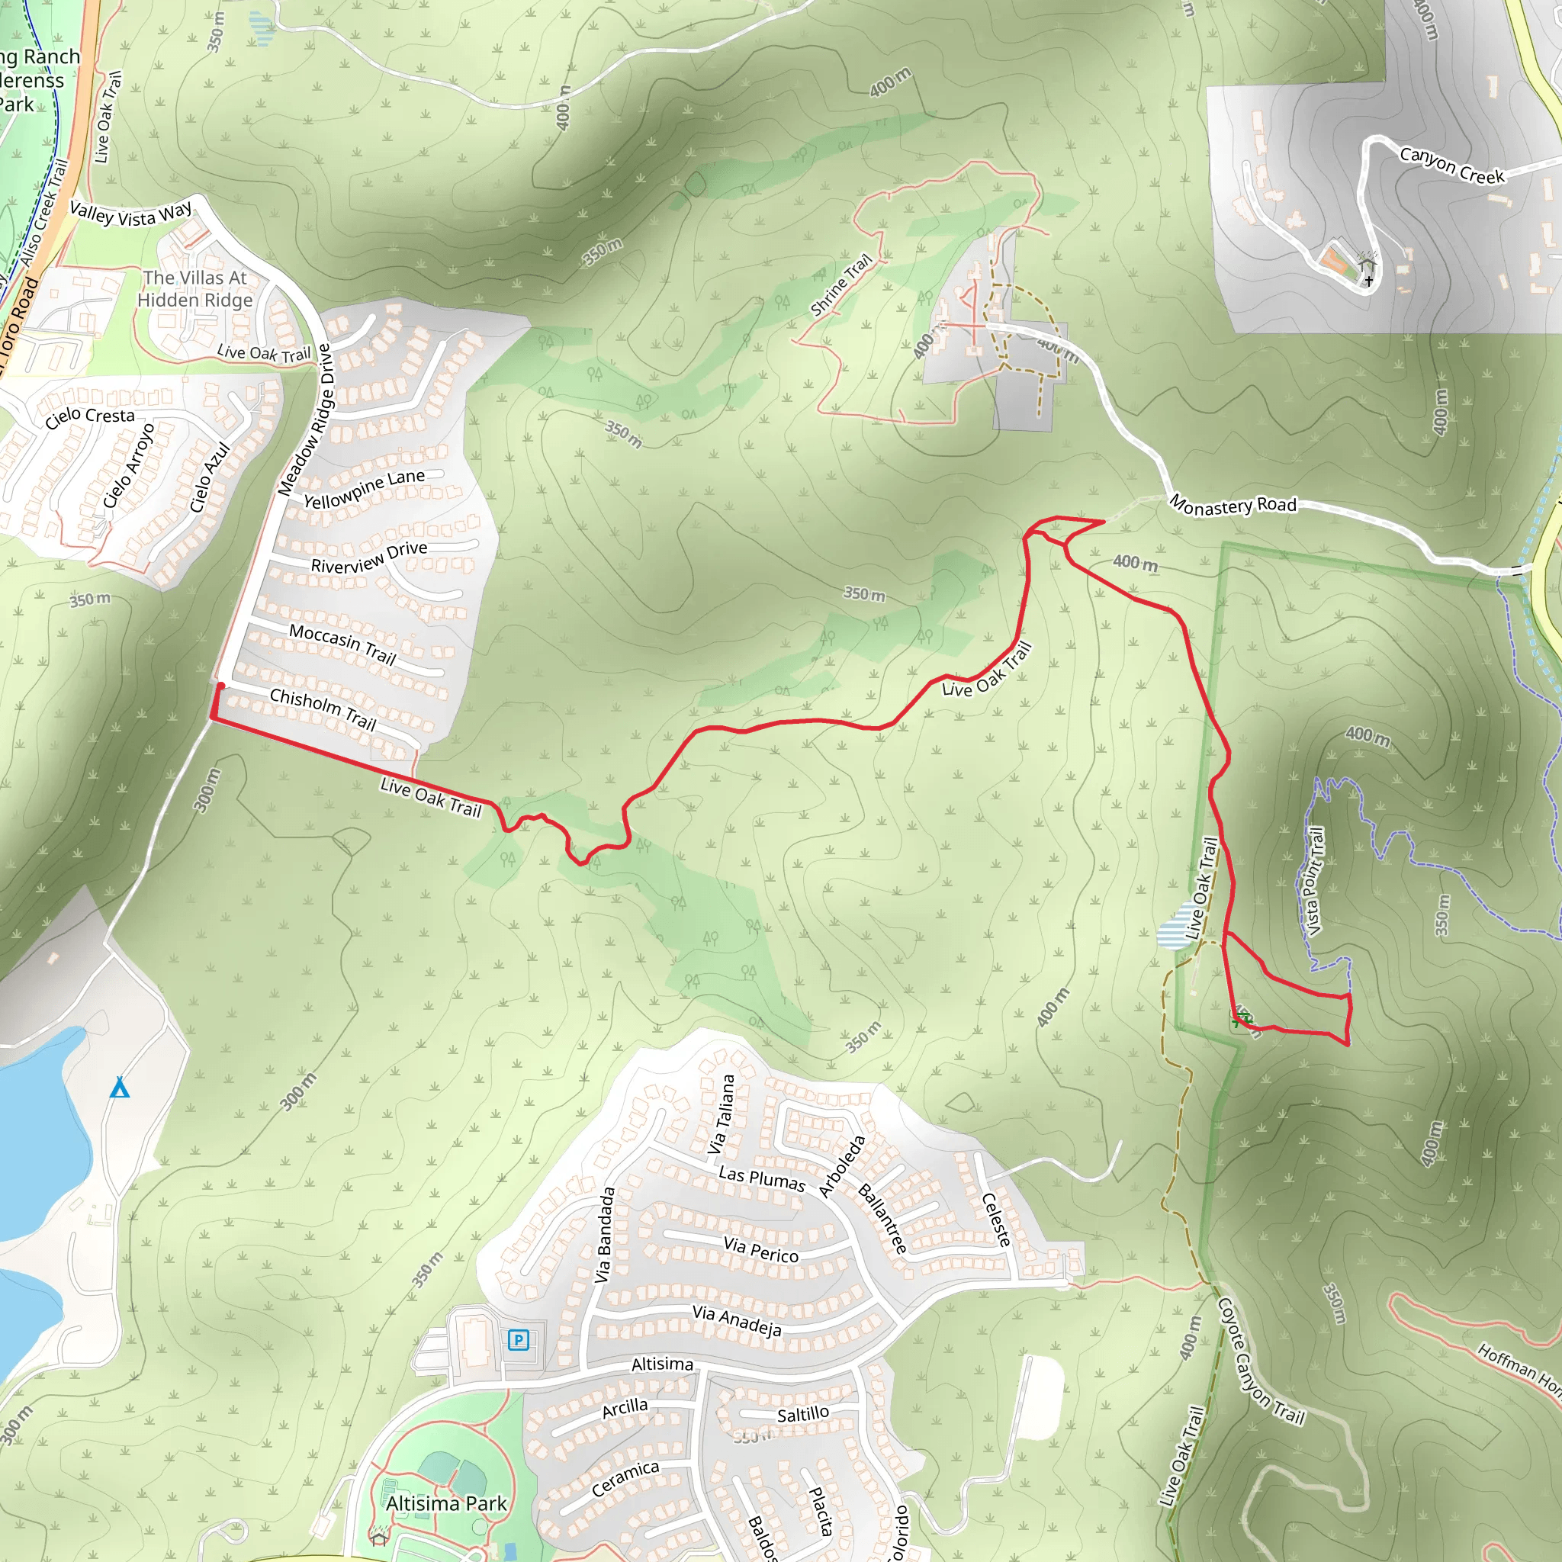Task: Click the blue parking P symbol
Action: pyautogui.click(x=518, y=1341)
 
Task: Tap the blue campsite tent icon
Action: pyautogui.click(x=120, y=1088)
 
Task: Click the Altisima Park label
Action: pyautogui.click(x=446, y=1504)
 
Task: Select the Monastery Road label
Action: pyautogui.click(x=1233, y=506)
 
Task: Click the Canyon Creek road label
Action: pyautogui.click(x=1452, y=165)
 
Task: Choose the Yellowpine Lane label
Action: pyautogui.click(x=364, y=489)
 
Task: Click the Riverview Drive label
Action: pyautogui.click(x=369, y=557)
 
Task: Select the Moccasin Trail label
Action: pyautogui.click(x=342, y=644)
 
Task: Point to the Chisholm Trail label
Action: pyautogui.click(x=323, y=709)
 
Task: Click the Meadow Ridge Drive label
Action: pyautogui.click(x=304, y=420)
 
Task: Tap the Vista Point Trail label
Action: pyautogui.click(x=1315, y=881)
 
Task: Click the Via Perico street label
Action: pyautogui.click(x=760, y=1250)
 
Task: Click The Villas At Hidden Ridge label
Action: pyautogui.click(x=194, y=288)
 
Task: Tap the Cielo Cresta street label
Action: pyautogui.click(x=90, y=417)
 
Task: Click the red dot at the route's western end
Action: pyautogui.click(x=220, y=686)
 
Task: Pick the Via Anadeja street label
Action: pyautogui.click(x=737, y=1321)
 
